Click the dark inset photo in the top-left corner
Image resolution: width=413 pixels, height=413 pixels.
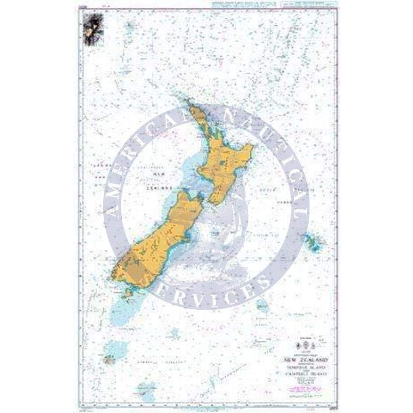click(93, 29)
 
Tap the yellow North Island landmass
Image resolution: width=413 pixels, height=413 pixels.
click(226, 161)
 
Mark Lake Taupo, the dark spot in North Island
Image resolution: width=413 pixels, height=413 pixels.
click(223, 164)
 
